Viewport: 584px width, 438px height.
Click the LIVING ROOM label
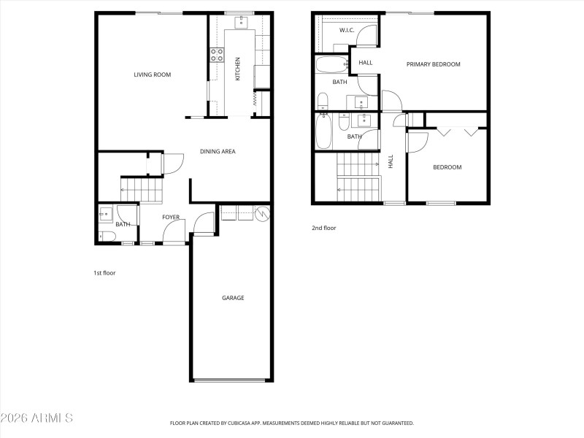coord(152,74)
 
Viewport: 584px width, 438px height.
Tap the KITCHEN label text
coord(237,69)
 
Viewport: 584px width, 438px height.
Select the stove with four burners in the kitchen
coord(217,53)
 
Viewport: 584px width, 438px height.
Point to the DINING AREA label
coord(218,152)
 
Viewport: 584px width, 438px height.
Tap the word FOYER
coord(171,217)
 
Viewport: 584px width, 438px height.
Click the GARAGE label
coord(233,298)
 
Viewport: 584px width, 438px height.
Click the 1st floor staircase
coord(143,191)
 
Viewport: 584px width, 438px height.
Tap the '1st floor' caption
coord(104,273)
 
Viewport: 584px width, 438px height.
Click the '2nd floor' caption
coord(323,228)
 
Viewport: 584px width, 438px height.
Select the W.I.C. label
coord(347,30)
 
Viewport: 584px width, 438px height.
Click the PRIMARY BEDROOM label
coord(433,64)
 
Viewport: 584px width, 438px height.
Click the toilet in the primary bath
coord(323,100)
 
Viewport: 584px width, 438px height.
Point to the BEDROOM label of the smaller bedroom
coord(447,167)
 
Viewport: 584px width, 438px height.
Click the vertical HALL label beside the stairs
coord(391,161)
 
